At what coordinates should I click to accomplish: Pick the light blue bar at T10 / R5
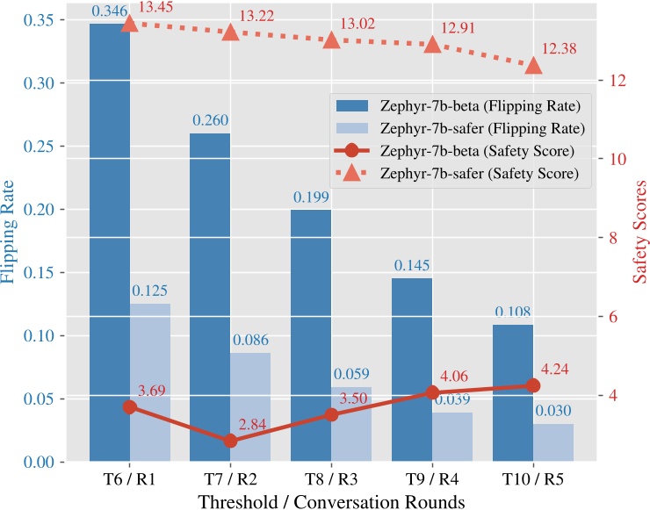click(553, 442)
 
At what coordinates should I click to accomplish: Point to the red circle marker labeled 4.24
click(533, 385)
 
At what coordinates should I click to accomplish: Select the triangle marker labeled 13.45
click(130, 24)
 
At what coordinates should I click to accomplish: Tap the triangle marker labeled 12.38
click(533, 66)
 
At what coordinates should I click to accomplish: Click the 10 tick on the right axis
click(612, 159)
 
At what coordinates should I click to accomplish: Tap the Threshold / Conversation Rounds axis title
click(332, 500)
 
